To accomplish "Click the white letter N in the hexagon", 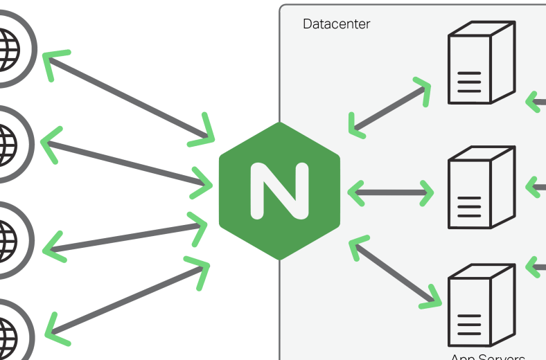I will [x=279, y=191].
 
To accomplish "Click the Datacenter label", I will [x=336, y=24].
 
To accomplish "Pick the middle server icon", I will [x=481, y=188].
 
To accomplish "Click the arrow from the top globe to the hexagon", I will [x=129, y=98].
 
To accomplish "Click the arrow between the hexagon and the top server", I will [x=389, y=108].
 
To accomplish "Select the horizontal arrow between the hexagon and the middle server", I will [x=390, y=192].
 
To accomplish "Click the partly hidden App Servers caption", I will [x=487, y=357].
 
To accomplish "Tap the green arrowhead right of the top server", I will [x=535, y=101].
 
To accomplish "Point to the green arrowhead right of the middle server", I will [x=536, y=187].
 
